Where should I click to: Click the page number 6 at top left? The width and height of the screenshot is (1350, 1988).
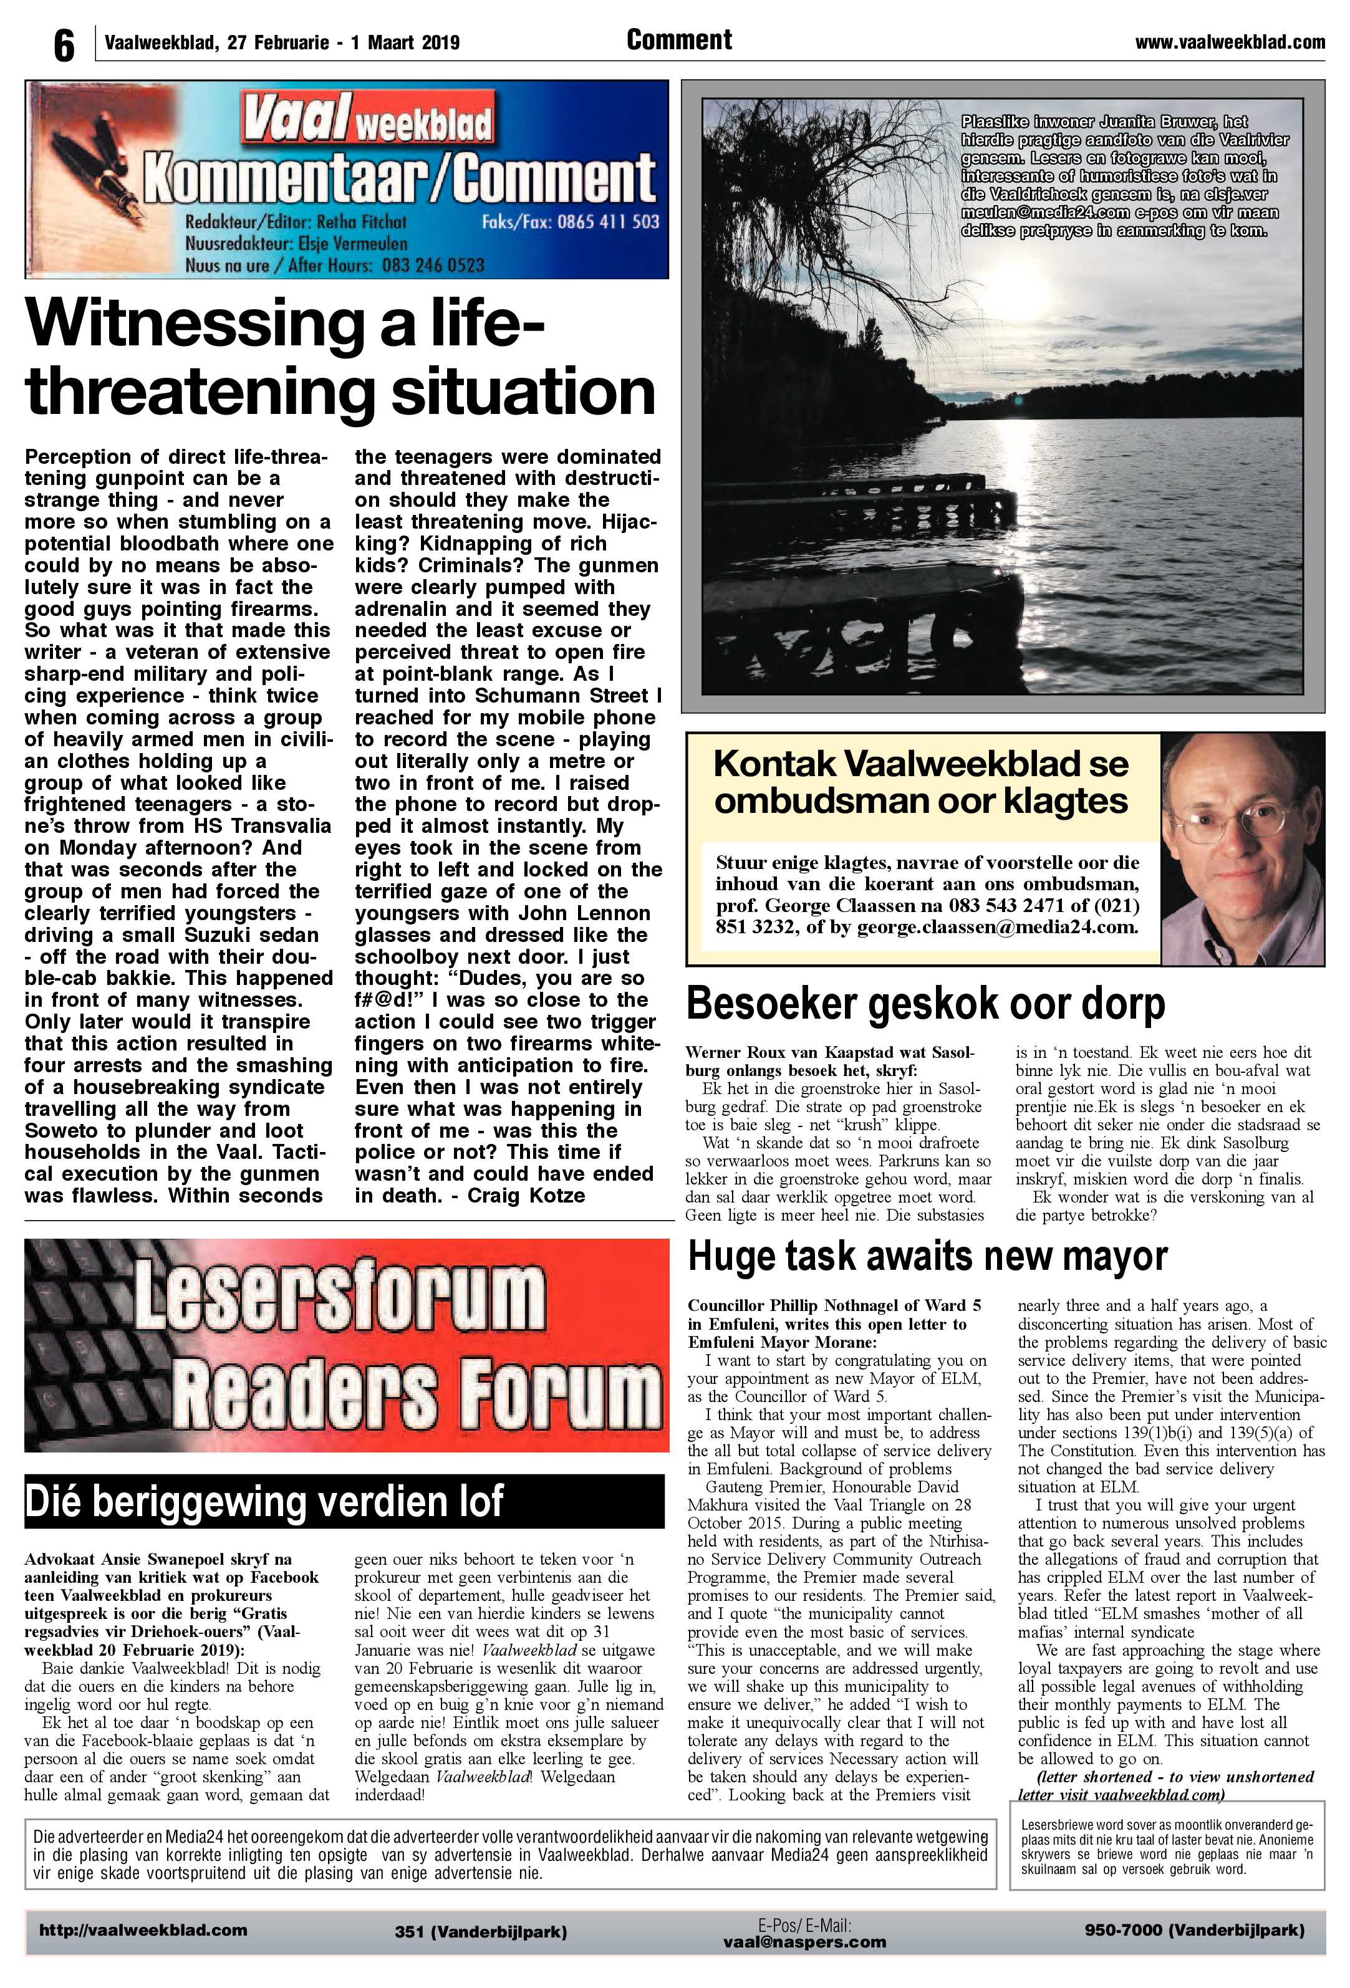(64, 44)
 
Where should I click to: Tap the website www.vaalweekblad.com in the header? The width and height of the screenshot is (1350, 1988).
(1230, 42)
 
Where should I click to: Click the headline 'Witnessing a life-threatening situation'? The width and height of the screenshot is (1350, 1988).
(340, 357)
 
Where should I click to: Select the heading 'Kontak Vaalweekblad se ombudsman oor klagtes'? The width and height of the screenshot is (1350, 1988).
(920, 782)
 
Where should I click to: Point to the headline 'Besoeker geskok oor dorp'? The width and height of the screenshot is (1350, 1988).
(925, 1004)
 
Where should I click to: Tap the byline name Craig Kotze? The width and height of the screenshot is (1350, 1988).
(526, 1195)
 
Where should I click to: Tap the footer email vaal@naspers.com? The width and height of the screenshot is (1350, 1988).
(804, 1942)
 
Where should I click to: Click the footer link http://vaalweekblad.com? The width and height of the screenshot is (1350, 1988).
(143, 1930)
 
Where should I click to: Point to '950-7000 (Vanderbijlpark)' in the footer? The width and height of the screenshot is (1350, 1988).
(1194, 1930)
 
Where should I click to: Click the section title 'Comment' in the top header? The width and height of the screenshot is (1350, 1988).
(678, 40)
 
